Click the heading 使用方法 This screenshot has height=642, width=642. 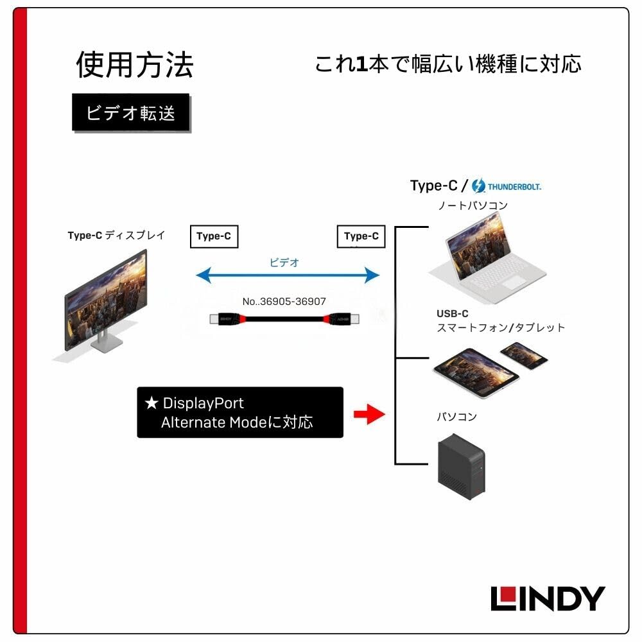point(134,65)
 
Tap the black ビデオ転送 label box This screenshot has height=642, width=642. point(131,113)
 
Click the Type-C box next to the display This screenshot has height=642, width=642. point(214,236)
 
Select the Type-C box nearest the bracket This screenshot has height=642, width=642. point(361,236)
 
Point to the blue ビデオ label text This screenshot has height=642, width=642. point(284,262)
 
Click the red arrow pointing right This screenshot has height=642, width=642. point(369,414)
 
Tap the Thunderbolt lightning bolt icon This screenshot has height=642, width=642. point(478,186)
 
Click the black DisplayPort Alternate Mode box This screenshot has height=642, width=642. point(240,413)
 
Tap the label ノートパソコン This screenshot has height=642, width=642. point(473,205)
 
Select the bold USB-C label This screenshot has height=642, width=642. point(453,314)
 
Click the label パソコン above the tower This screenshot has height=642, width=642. point(457,417)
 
